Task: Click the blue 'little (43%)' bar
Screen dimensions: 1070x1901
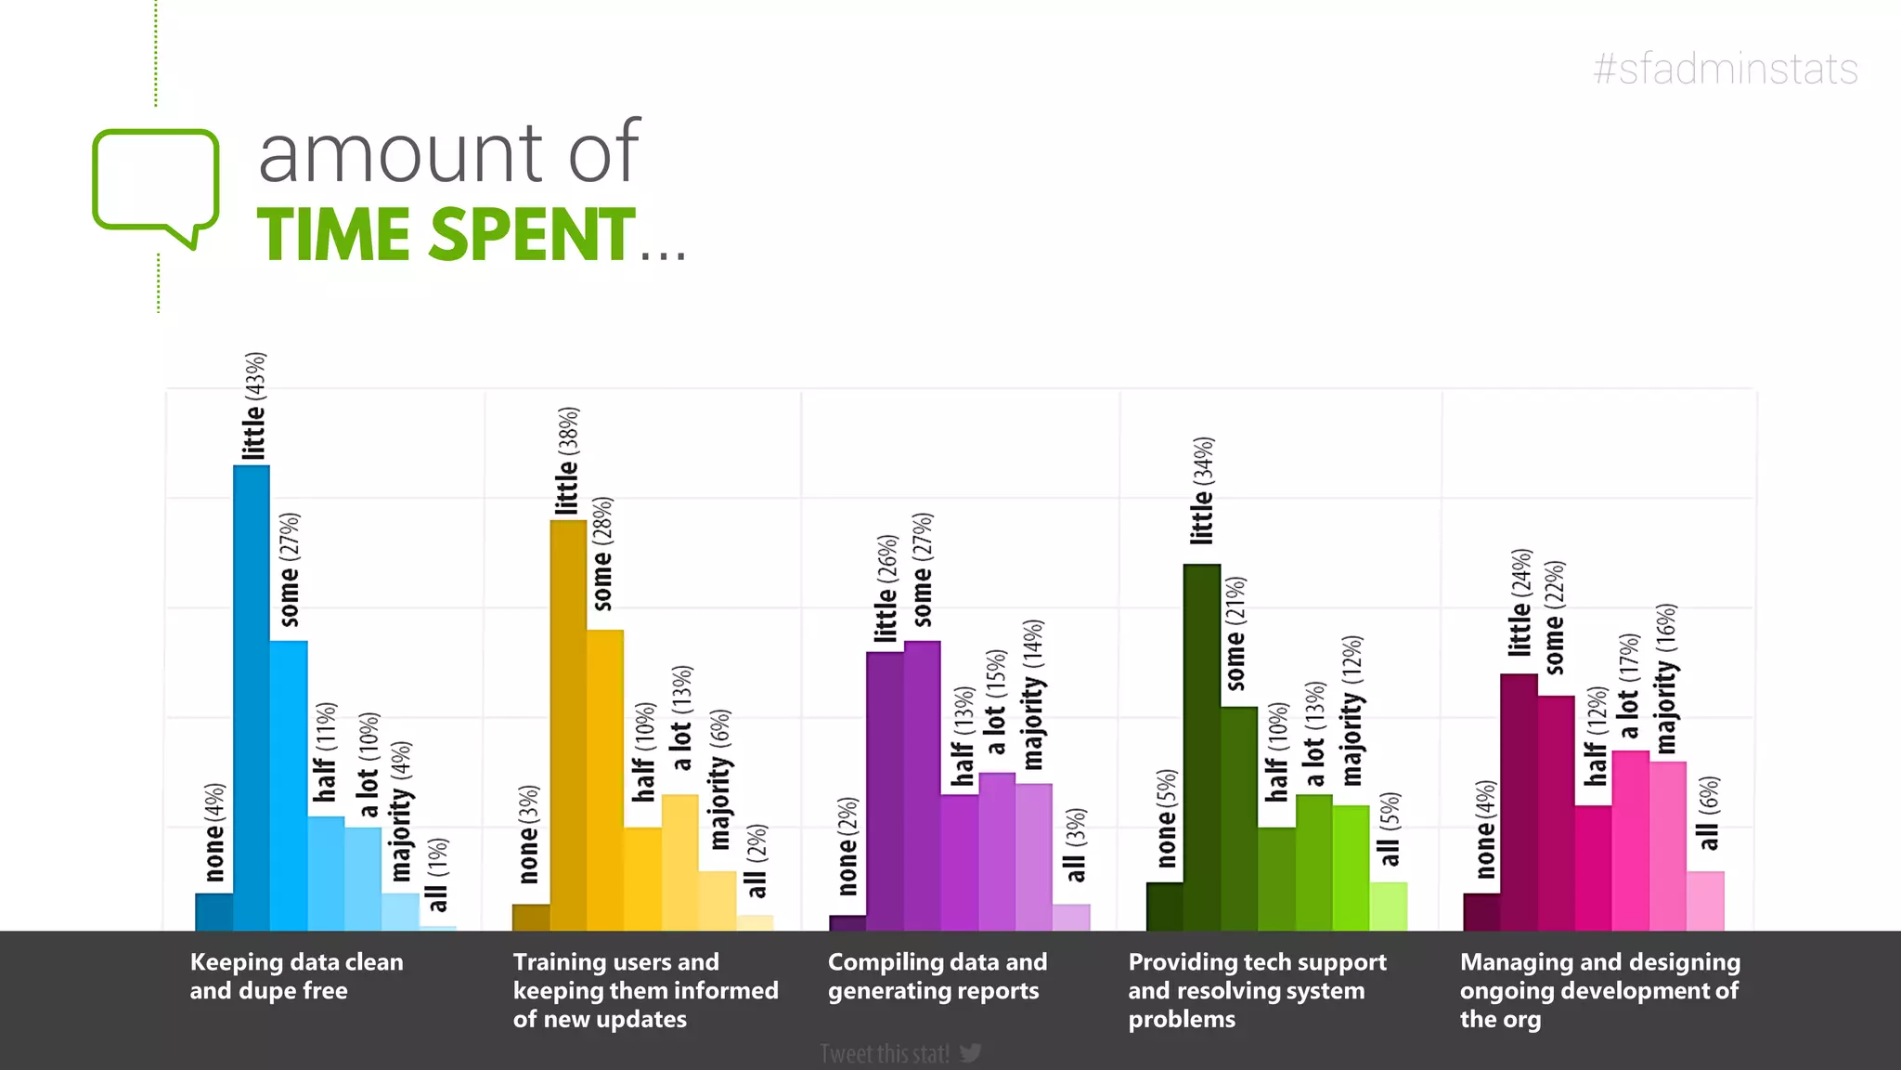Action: (251, 697)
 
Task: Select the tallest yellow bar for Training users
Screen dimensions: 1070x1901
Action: (568, 724)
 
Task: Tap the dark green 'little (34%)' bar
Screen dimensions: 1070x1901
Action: (1201, 748)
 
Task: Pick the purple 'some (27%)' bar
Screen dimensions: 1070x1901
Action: (922, 785)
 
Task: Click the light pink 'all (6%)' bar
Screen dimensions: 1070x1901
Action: (1705, 901)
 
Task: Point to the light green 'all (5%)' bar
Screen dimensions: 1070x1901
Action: (1388, 907)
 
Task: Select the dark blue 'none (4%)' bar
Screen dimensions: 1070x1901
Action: (213, 912)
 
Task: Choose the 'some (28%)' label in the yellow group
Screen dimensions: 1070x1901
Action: (603, 554)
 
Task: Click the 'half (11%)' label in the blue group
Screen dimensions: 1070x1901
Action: (325, 751)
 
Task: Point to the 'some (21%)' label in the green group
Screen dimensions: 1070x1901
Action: (1236, 633)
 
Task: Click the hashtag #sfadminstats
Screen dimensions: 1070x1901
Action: (1725, 70)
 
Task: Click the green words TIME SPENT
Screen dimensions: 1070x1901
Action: (446, 235)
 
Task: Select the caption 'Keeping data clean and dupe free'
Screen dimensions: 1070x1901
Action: (296, 976)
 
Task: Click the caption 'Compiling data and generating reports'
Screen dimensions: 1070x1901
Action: (937, 976)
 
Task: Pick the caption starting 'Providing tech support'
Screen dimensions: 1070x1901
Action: (1256, 990)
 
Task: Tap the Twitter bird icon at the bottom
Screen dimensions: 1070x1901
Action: (971, 1053)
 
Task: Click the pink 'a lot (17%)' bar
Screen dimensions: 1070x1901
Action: (1630, 841)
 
